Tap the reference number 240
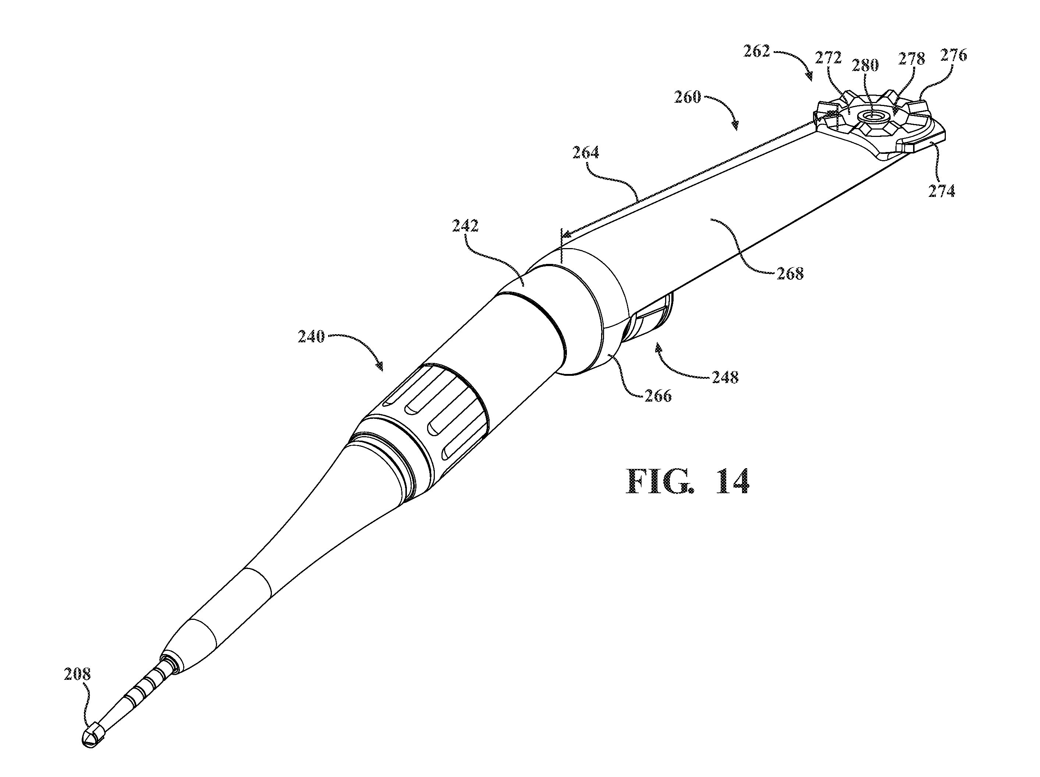tap(311, 337)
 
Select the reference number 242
tap(465, 226)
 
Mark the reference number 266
tap(658, 396)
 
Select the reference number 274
tap(942, 191)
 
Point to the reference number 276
tap(954, 56)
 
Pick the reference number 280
tap(865, 66)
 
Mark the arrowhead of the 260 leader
tap(735, 125)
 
